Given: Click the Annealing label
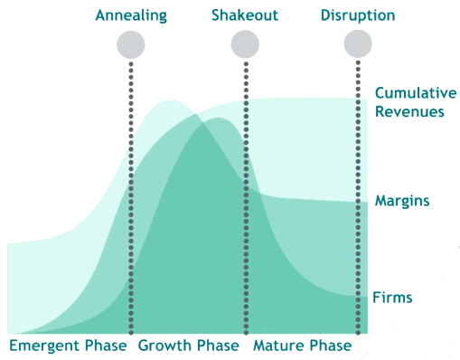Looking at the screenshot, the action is click(131, 15).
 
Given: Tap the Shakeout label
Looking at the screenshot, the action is click(245, 15).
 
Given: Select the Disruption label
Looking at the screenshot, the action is click(358, 15).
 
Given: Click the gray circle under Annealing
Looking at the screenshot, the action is click(131, 44).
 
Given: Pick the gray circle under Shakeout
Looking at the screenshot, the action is click(245, 44).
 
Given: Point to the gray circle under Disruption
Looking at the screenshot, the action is click(358, 43).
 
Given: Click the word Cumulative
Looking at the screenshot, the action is click(416, 93).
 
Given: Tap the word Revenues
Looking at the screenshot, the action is click(409, 111).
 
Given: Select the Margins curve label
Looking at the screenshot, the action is click(402, 201).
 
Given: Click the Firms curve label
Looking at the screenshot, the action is click(392, 298).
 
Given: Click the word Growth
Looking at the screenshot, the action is click(164, 346).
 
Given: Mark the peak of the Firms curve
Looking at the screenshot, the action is click(218, 118).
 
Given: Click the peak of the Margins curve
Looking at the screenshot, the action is click(171, 100).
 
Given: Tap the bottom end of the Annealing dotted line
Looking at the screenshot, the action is click(131, 333).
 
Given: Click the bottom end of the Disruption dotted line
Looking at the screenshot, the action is click(358, 333).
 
